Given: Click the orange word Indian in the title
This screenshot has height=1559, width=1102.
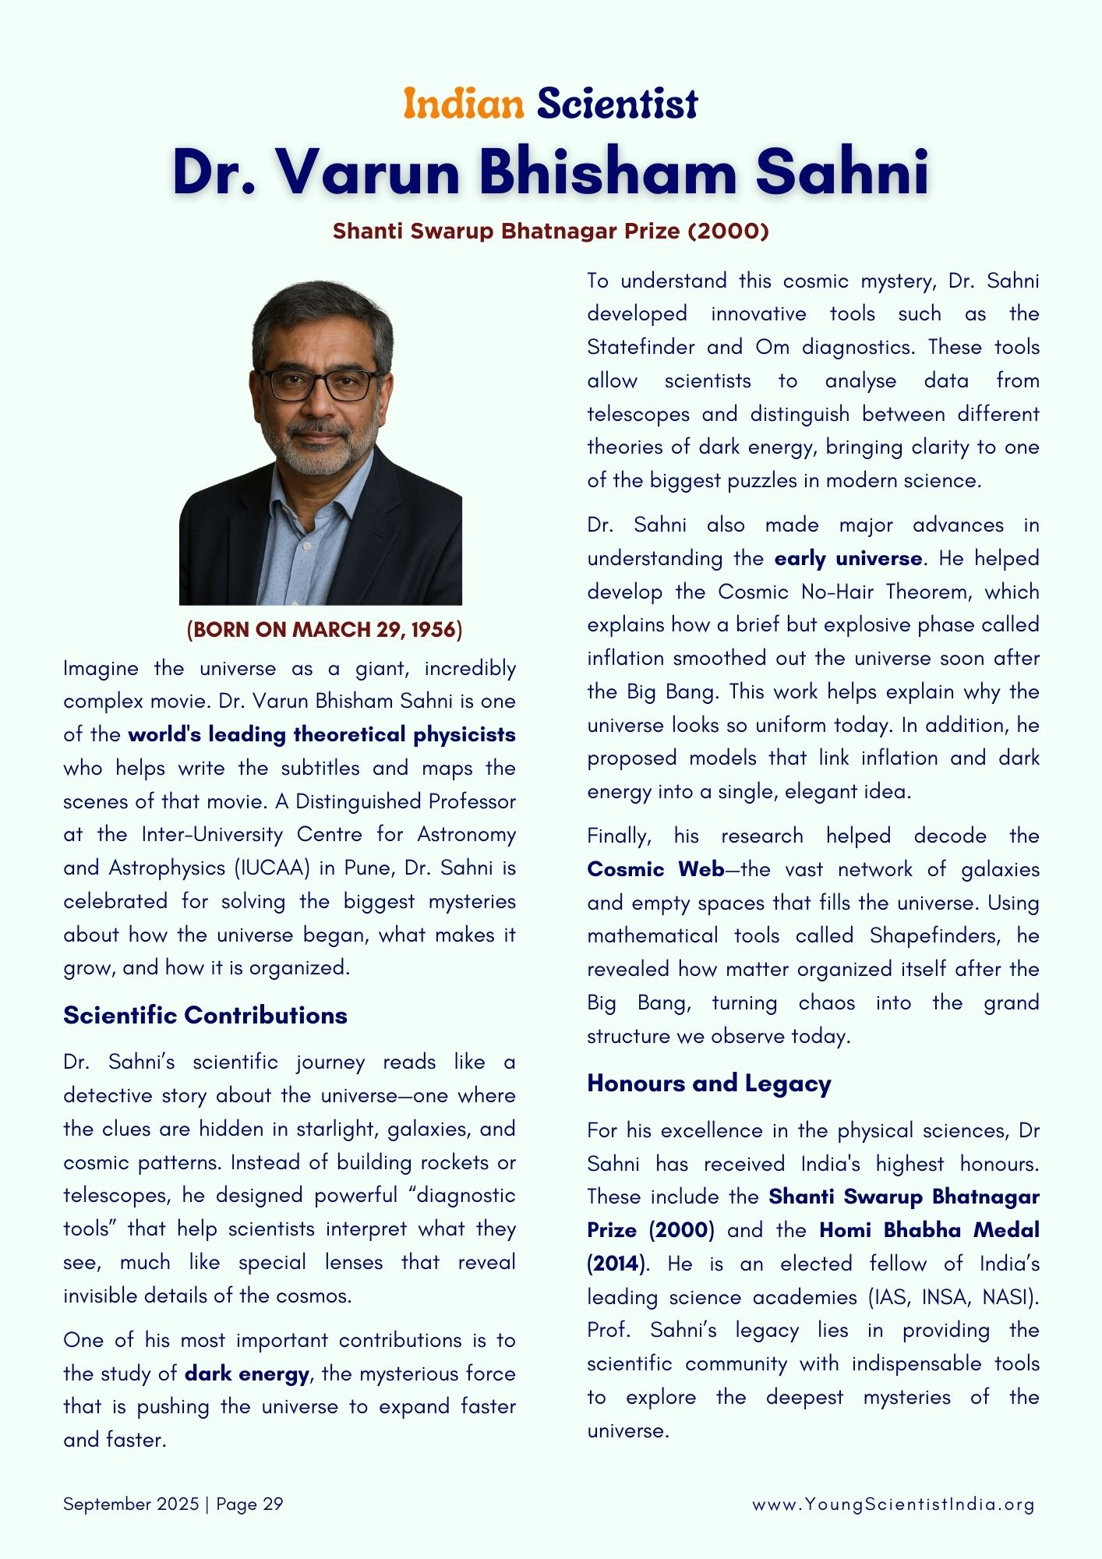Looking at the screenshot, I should (463, 104).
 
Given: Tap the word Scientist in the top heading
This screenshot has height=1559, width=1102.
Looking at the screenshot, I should (616, 104).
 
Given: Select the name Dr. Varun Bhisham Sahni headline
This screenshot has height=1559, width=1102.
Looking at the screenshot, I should (550, 171).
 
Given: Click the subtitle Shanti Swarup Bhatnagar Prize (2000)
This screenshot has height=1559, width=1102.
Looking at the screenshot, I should (550, 231).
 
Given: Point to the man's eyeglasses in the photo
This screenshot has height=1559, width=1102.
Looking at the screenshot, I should (320, 384).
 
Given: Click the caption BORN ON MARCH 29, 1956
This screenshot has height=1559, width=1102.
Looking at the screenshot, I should (324, 629).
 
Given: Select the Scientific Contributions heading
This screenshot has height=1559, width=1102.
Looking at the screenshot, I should (205, 1015).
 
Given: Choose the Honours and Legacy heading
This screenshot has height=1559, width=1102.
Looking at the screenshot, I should (709, 1083).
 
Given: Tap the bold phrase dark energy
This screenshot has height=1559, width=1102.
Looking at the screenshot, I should (247, 1373).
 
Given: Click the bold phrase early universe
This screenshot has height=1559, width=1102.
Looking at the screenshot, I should (848, 558).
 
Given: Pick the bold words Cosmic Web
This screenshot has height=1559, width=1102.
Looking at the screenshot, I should (655, 869).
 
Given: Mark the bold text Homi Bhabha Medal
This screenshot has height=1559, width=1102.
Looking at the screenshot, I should (929, 1230).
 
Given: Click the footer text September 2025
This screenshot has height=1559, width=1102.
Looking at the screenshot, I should (131, 1504).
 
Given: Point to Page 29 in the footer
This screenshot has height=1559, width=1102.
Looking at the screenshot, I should (249, 1504).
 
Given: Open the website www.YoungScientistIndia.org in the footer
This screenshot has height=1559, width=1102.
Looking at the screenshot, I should (893, 1504).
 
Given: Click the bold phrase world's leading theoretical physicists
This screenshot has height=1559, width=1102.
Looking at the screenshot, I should (322, 734).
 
